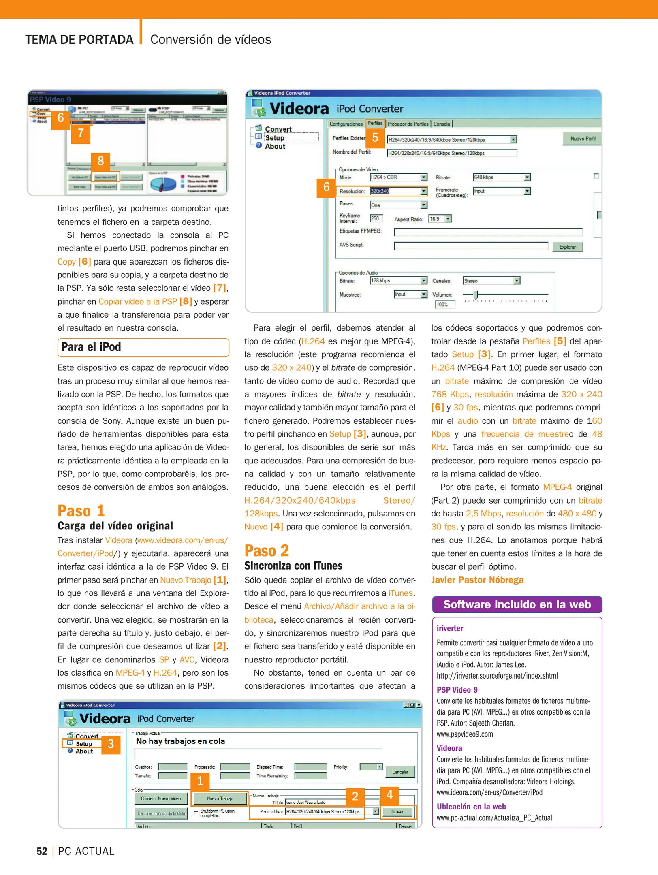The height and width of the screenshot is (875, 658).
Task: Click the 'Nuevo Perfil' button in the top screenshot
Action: tap(582, 139)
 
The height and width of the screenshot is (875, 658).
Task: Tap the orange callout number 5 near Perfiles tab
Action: tap(375, 138)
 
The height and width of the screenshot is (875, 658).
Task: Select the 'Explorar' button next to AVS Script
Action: tap(567, 247)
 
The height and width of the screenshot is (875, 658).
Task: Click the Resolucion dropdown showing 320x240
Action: tap(398, 191)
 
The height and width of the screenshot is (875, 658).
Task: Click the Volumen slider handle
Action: tap(476, 295)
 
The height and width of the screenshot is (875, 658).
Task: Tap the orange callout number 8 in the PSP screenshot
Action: tap(100, 161)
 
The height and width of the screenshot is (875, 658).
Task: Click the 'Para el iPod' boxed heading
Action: tap(143, 347)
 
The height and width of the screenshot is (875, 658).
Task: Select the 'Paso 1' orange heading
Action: tap(81, 511)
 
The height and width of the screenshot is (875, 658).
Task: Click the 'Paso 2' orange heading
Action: tap(267, 551)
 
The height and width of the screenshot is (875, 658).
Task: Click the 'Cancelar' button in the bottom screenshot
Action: tap(400, 772)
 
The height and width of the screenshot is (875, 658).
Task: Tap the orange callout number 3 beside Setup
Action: tap(111, 744)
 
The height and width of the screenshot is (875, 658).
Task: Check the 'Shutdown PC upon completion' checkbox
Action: tap(196, 813)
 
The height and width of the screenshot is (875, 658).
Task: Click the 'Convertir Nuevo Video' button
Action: tap(161, 798)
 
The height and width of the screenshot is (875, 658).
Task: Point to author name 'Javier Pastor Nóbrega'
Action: tap(477, 580)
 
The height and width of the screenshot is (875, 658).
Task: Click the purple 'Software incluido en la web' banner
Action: tap(517, 604)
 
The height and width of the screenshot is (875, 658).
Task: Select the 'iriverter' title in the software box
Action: tap(450, 628)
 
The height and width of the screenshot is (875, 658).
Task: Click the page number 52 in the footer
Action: tap(42, 851)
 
